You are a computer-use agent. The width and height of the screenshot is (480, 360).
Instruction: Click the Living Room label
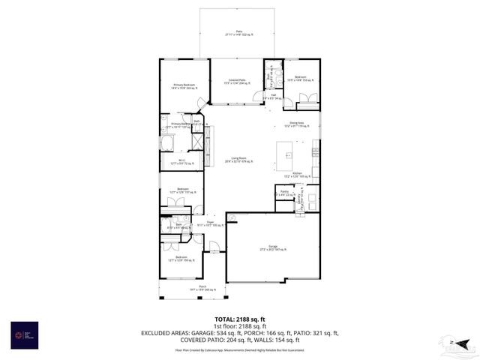[x=240, y=160]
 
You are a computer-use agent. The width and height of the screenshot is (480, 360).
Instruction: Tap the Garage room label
[x=273, y=248]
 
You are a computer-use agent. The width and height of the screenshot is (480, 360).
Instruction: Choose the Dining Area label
[x=297, y=124]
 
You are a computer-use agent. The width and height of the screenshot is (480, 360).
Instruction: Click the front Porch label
[x=181, y=286]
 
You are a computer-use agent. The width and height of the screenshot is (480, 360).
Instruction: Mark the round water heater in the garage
[x=232, y=218]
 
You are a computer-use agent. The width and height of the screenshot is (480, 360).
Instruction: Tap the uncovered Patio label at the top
[x=239, y=33]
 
